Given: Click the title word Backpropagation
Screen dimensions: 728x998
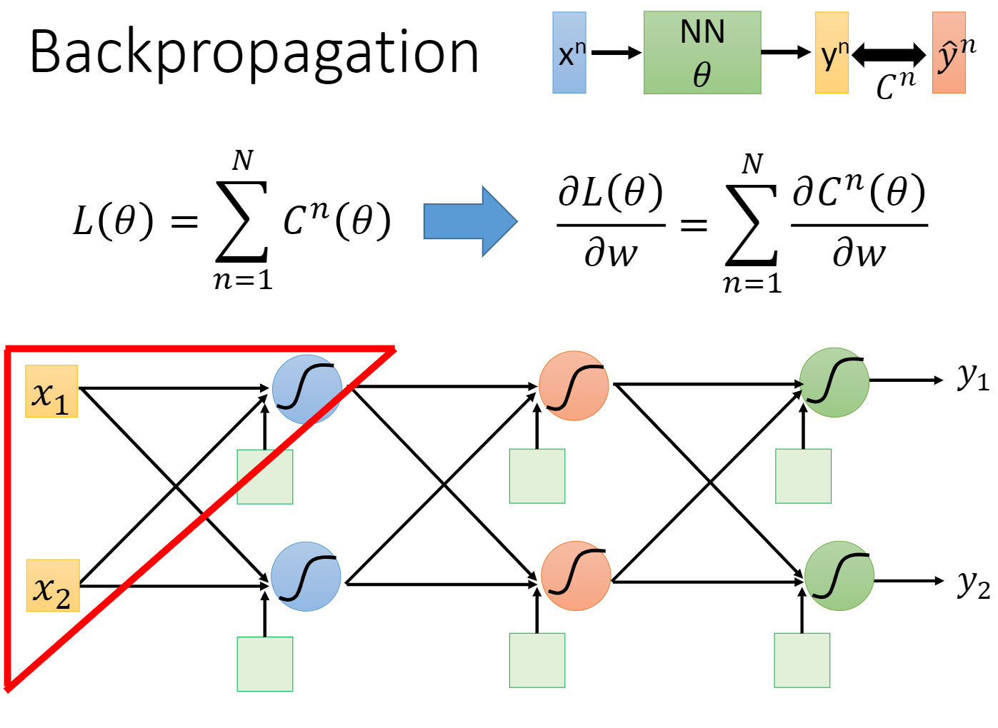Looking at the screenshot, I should pos(254,54).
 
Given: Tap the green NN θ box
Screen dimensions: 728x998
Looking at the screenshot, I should pos(702,53).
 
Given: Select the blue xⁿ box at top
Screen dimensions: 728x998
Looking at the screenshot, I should pos(569,53).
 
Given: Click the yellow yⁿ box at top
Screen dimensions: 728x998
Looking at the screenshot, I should pos(832,53).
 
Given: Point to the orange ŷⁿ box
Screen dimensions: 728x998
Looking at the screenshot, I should pos(949,53).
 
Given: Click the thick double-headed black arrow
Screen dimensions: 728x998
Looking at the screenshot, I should pos(889,54).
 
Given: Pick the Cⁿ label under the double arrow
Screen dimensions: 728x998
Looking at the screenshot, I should pos(896,86).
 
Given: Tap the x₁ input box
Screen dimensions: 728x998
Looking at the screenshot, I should pos(51,391).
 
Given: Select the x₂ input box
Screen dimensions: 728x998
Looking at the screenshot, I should pos(53,586).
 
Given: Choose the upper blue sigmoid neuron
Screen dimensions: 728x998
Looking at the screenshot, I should pos(307,389).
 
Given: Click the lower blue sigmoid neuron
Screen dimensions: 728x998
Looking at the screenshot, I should pos(306,577).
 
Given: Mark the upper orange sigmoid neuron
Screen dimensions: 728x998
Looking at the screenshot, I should pos(574,386).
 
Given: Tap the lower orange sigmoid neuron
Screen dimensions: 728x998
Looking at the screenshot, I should pos(576,576).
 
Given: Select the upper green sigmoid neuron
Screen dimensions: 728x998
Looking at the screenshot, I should pos(834,383).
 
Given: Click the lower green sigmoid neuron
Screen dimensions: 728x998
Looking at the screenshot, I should pos(839,576).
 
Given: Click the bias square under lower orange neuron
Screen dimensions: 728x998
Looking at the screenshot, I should pos(537,660).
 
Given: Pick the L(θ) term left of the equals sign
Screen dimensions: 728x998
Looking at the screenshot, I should pos(113,221).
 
